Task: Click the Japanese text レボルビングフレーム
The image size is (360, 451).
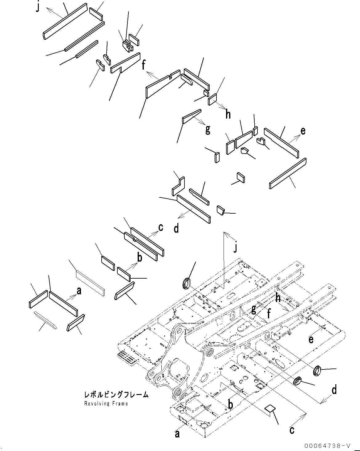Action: point(116,395)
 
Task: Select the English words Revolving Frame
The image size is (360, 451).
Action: point(106,403)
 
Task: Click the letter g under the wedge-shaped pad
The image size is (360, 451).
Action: point(208,130)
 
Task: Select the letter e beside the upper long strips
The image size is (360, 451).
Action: point(303,131)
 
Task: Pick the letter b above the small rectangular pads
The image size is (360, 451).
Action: point(140,257)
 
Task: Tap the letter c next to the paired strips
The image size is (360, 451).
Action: point(160,227)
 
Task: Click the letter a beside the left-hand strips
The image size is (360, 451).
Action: point(79,290)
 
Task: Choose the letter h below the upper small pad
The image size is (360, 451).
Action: point(228,115)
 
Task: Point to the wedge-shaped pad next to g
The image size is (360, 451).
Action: point(192,115)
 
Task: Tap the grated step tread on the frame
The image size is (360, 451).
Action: point(127,358)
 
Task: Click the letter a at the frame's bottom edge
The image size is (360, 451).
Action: point(177,434)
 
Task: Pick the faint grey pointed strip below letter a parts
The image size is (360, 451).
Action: point(46,320)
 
